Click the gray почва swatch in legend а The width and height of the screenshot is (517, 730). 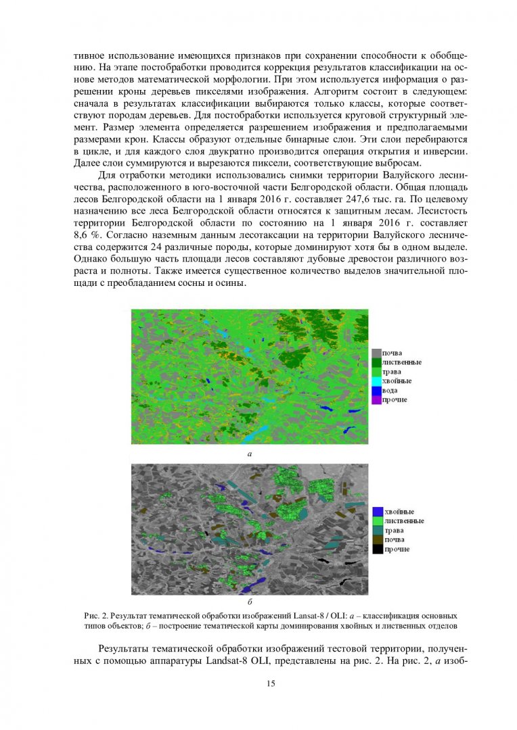coord(376,353)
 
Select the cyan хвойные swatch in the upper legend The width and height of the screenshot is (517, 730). coord(376,381)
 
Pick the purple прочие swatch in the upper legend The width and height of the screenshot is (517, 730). coord(376,400)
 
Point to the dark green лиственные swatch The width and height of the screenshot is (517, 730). coord(376,362)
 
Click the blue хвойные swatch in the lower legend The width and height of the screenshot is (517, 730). coord(378,512)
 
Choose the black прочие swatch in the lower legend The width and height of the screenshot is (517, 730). coord(378,549)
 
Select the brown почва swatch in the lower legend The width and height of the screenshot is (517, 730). coord(378,539)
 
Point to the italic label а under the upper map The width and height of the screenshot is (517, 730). coord(250,454)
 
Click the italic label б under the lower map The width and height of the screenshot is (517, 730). coord(250,600)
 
